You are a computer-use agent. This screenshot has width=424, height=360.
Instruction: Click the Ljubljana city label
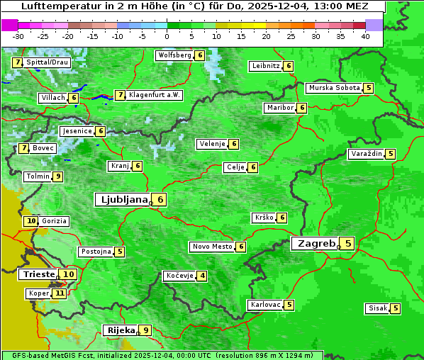tap(122, 200)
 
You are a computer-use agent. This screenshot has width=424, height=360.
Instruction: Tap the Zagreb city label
tap(316, 244)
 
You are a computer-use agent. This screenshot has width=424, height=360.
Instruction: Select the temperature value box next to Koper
tap(60, 293)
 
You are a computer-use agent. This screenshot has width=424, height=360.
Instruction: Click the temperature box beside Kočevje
tap(202, 276)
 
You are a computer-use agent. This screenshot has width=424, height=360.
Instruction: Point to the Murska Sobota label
tap(333, 88)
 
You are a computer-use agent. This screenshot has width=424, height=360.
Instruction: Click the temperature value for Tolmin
tap(57, 176)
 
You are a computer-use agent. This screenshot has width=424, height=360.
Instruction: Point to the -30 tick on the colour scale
tap(18, 35)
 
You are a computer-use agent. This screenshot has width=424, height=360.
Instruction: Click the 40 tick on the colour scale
tap(365, 35)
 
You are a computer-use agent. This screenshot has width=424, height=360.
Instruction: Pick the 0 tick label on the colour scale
tap(167, 35)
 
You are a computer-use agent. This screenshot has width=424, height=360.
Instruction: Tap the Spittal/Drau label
tap(47, 62)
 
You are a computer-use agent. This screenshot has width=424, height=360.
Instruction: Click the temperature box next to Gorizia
tap(30, 221)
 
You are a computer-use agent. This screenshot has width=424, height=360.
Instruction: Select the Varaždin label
tap(366, 154)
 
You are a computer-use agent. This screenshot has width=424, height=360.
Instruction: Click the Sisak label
tap(376, 308)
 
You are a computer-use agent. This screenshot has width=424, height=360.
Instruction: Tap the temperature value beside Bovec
tap(24, 148)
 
